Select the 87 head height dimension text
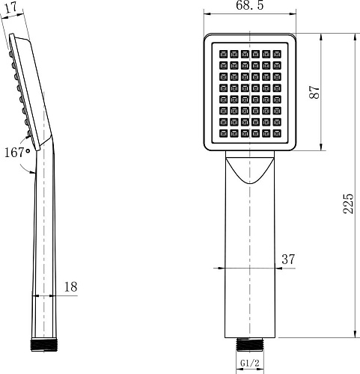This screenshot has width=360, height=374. [315, 92]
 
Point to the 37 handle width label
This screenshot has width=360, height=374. [287, 259]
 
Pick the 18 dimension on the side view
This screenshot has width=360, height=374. [71, 286]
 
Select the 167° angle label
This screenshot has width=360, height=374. [16, 153]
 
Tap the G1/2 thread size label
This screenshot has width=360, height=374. [250, 364]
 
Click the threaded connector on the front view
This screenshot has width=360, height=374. [250, 345]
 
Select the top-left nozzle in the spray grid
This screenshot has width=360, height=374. [222, 53]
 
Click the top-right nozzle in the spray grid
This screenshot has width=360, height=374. [278, 53]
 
